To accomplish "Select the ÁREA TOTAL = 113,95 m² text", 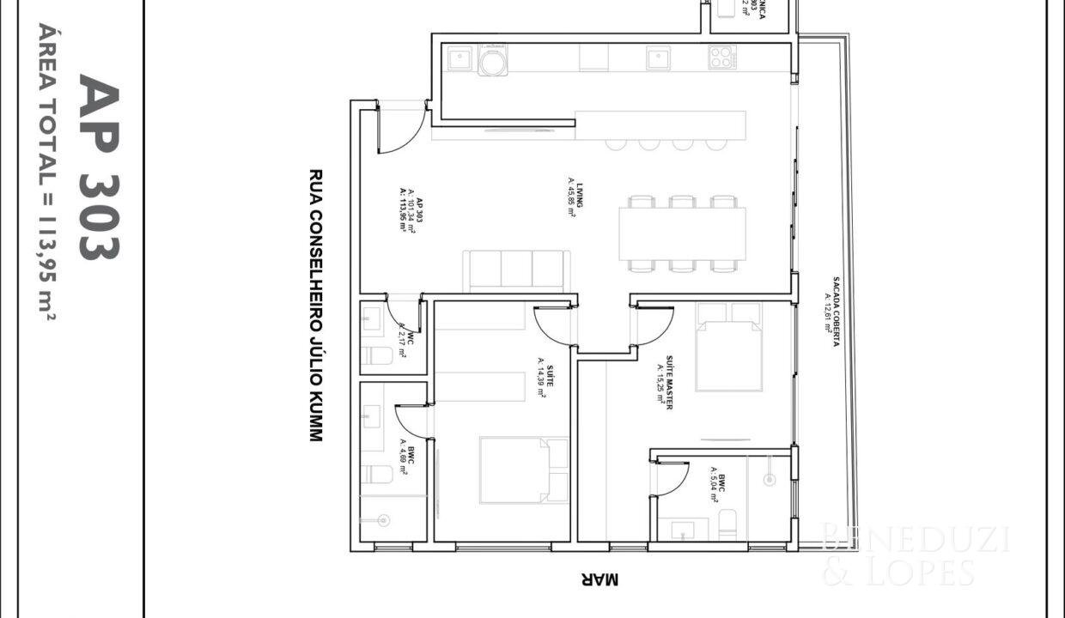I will pos(47,172).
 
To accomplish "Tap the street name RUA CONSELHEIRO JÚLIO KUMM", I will pos(315,305).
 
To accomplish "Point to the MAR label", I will pos(599,580).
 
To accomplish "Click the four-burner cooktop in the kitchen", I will pos(721,58).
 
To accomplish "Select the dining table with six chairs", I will pos(682,234).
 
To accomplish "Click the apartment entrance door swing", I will pos(400,129).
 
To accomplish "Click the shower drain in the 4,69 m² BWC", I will pos(383,519).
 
